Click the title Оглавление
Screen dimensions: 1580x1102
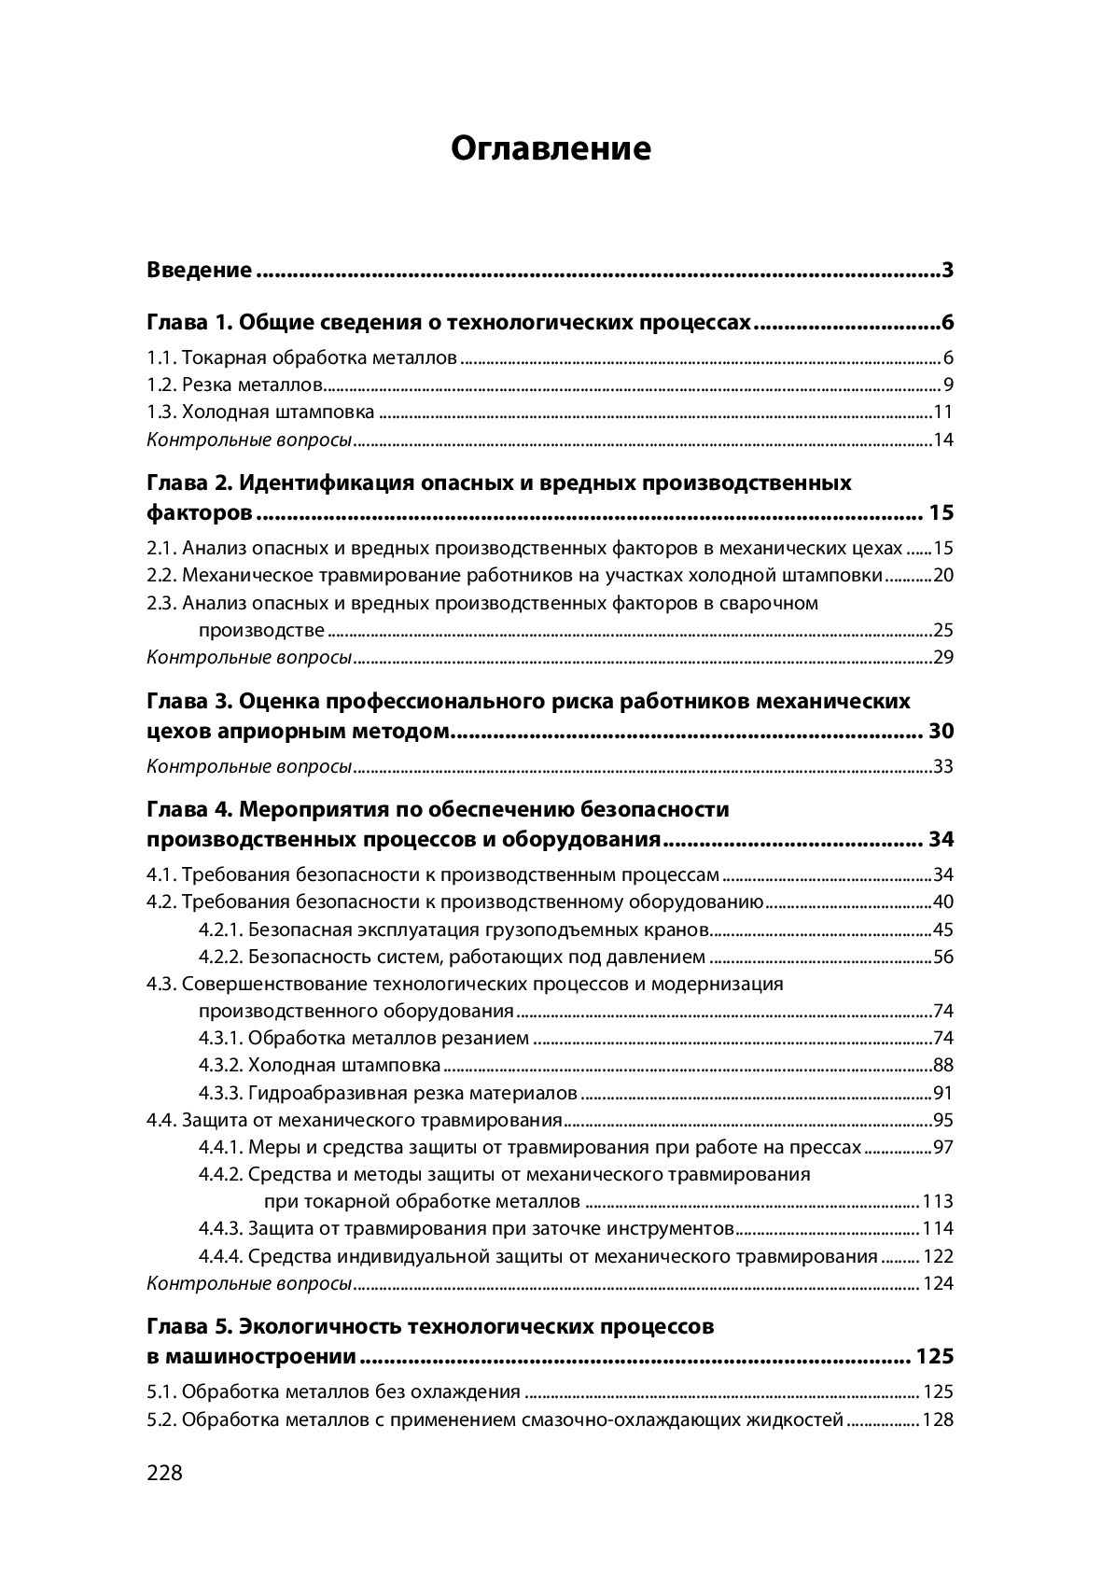point(551,148)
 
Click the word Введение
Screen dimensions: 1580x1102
point(200,271)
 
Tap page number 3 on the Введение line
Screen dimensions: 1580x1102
point(947,271)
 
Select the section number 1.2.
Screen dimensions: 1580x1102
point(161,385)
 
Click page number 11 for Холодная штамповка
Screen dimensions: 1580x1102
point(943,412)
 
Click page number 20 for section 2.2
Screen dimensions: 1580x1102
point(943,575)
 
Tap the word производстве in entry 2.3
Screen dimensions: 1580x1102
point(261,629)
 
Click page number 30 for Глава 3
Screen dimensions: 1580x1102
point(942,731)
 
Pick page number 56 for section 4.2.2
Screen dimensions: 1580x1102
point(943,957)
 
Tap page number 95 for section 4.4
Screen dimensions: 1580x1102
point(943,1120)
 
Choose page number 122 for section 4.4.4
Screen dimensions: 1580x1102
point(938,1256)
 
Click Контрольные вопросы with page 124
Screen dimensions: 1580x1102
point(249,1283)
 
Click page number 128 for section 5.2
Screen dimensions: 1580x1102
point(938,1419)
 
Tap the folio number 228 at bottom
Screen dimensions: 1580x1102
point(165,1473)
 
